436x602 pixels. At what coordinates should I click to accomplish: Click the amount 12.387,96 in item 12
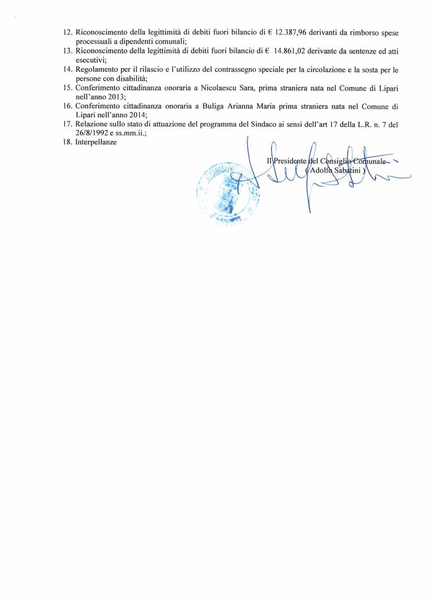(290, 32)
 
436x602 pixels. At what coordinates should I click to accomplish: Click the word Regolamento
(97, 70)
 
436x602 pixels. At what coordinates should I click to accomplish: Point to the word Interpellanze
(96, 142)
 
